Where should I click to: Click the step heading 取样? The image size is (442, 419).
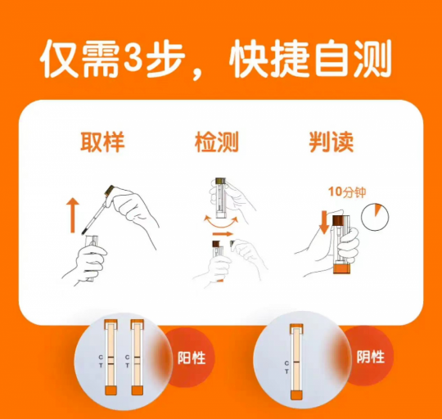click(102, 142)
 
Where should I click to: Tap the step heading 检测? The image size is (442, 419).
click(216, 142)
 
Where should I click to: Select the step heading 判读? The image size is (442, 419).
click(331, 142)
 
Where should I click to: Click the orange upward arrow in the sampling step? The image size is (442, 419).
click(73, 215)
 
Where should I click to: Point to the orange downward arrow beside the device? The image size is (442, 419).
click(324, 223)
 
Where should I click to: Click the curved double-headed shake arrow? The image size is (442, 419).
click(221, 223)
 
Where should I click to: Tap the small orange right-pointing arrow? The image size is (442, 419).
click(223, 234)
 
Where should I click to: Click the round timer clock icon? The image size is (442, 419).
click(375, 217)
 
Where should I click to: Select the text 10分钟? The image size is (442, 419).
click(347, 192)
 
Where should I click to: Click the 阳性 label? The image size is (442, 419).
click(192, 358)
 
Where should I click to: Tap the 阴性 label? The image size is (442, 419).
click(371, 357)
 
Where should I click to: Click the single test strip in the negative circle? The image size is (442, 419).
click(296, 362)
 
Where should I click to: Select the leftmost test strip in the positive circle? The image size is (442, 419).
click(110, 358)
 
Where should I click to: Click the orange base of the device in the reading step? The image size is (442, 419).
click(341, 268)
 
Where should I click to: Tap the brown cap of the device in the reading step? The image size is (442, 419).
click(340, 221)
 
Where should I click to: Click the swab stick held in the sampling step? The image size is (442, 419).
click(95, 214)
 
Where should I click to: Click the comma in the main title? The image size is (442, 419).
click(196, 74)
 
